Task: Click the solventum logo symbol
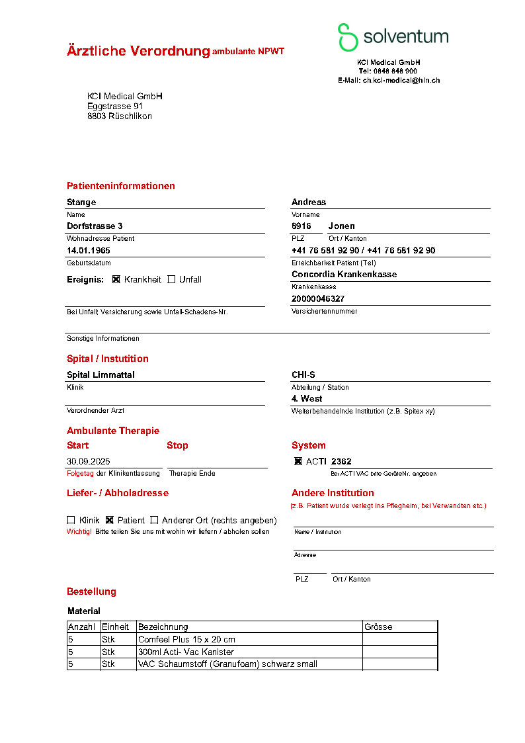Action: point(348,37)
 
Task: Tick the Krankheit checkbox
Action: point(116,279)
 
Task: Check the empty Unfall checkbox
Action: point(171,279)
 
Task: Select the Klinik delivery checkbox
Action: point(71,520)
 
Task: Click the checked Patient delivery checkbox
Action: point(110,520)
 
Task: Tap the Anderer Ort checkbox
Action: point(154,520)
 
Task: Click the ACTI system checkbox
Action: point(298,461)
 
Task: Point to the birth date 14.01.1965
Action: point(89,251)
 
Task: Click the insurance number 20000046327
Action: point(318,299)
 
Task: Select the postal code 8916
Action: point(302,226)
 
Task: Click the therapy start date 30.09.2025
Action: point(89,461)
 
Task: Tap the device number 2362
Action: point(341,461)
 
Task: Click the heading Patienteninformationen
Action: point(121,186)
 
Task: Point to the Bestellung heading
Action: point(91,591)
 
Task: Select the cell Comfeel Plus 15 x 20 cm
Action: point(186,640)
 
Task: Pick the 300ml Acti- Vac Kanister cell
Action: point(186,652)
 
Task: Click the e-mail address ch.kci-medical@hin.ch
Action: point(401,80)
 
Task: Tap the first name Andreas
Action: point(309,202)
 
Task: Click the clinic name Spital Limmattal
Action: point(101,375)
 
